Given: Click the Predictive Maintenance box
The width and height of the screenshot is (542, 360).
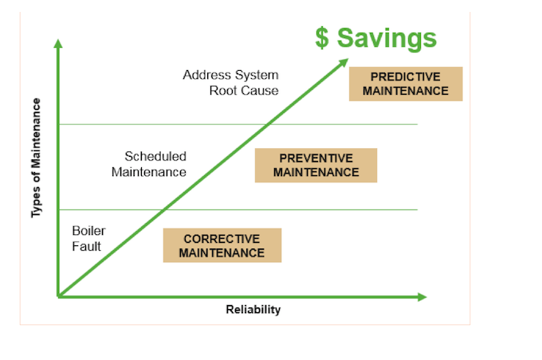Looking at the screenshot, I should click(x=406, y=84).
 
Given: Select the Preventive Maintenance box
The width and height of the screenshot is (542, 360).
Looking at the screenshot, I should click(x=316, y=165).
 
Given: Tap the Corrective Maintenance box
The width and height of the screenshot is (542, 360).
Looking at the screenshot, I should click(x=222, y=245).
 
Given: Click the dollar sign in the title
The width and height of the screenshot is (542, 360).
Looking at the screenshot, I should click(x=322, y=38).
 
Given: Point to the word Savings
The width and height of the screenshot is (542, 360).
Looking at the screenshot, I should click(x=387, y=38).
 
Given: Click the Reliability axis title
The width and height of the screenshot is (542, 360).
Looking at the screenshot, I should click(x=253, y=310).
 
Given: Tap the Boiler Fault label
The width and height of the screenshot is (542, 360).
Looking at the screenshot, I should click(x=88, y=238).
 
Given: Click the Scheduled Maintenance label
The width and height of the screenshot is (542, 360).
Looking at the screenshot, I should click(x=151, y=163).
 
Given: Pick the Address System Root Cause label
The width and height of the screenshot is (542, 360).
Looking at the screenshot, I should click(x=231, y=83).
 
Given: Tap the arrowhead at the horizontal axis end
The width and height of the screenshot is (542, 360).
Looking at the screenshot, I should click(x=422, y=297).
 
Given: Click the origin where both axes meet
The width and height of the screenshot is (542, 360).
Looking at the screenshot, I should click(x=58, y=296).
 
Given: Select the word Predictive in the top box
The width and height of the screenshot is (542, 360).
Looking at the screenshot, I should click(x=406, y=76).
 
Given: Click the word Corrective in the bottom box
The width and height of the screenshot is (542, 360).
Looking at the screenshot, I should click(x=222, y=238).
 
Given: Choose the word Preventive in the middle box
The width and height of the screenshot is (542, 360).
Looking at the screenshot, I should click(x=316, y=158).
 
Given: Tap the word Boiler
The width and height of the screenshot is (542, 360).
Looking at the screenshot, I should click(x=88, y=231).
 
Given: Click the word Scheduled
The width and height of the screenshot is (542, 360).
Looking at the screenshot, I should click(x=155, y=156).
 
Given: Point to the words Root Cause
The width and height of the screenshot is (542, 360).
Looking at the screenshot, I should click(x=244, y=90).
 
